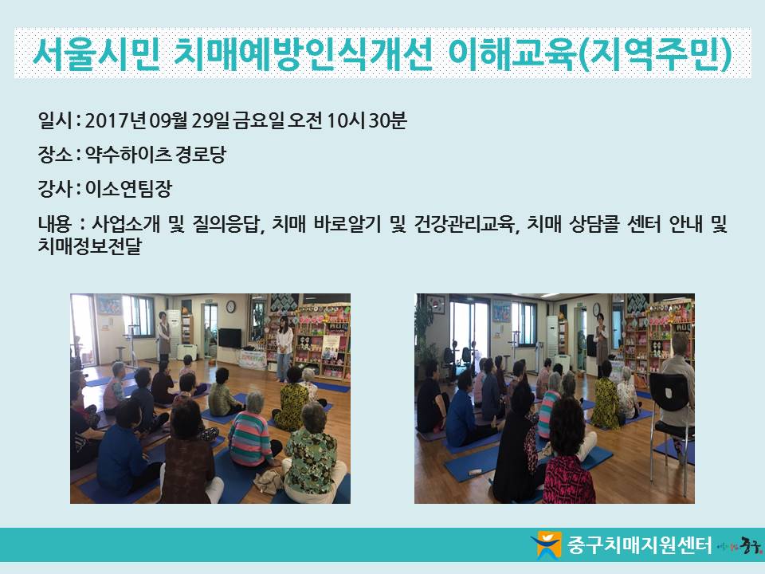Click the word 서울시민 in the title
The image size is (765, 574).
(x=96, y=53)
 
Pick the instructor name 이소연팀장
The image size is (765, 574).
(x=128, y=188)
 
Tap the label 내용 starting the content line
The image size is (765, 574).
(x=55, y=224)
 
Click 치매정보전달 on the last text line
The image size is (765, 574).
(x=89, y=246)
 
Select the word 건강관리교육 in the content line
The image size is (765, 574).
(x=465, y=224)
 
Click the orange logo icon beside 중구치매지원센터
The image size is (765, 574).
(x=546, y=545)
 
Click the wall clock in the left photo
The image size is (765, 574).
(x=231, y=306)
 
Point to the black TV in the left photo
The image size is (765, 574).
(x=229, y=338)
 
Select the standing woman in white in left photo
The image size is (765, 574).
(x=284, y=348)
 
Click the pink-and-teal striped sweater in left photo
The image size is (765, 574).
(x=250, y=438)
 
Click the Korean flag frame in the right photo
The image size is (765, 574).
(x=436, y=305)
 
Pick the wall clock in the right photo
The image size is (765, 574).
(x=596, y=309)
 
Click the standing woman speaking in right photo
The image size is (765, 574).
(x=602, y=342)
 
